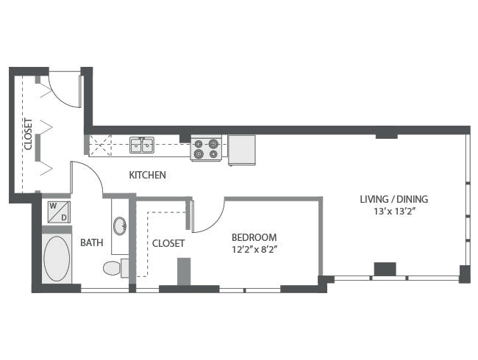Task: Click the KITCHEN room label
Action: click(147, 176)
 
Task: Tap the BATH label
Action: click(92, 242)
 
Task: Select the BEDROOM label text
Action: click(254, 237)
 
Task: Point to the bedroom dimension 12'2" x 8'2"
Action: click(254, 250)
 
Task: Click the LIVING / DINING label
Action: click(393, 199)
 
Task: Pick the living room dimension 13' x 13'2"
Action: click(393, 212)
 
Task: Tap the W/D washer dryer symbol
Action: click(57, 212)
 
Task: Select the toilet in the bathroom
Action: click(112, 268)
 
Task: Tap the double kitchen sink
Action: click(142, 145)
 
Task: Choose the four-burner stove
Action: click(206, 148)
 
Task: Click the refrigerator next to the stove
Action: click(241, 149)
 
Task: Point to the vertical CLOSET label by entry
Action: click(28, 134)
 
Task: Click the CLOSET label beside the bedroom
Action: click(168, 242)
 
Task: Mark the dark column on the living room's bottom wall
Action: click(384, 270)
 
